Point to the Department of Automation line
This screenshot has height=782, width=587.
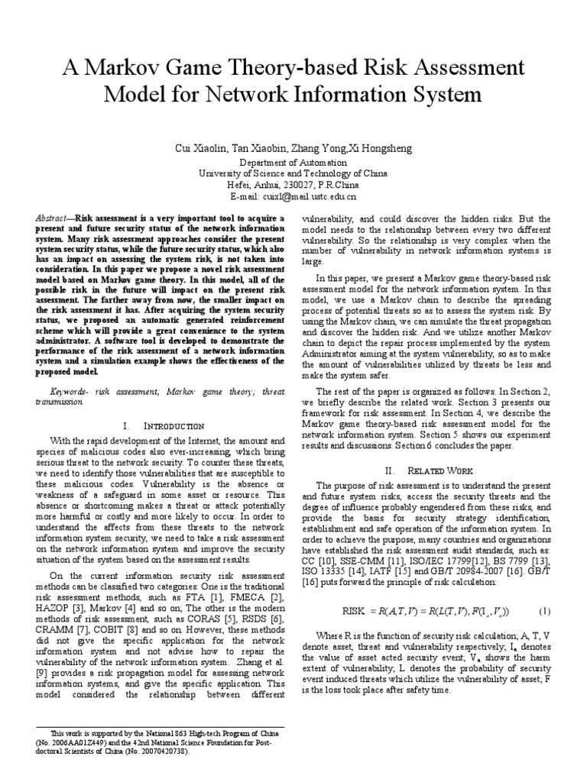pyautogui.click(x=293, y=163)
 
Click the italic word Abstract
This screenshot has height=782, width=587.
pyautogui.click(x=52, y=218)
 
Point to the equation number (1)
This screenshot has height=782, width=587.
pyautogui.click(x=545, y=590)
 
